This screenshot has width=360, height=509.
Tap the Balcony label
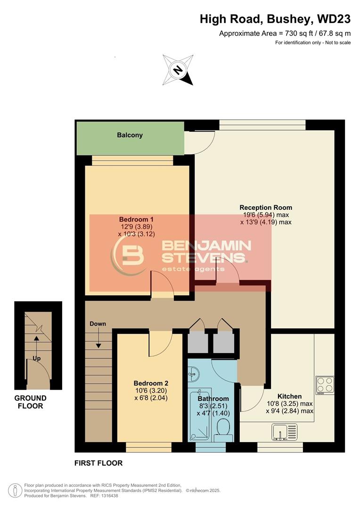point(130,135)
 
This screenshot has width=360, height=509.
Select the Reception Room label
point(266,207)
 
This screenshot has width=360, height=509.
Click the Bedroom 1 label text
point(136,219)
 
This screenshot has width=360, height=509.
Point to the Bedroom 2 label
point(151,383)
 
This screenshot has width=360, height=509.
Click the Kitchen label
point(289,396)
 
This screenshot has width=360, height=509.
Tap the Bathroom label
point(213,399)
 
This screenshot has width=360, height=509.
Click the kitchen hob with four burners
point(325,385)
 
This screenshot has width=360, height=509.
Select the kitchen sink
point(285,431)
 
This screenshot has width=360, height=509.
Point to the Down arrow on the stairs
point(98,338)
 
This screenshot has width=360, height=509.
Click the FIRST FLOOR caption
point(98,463)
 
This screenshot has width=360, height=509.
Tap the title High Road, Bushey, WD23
point(275,19)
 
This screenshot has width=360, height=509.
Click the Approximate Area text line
point(285,33)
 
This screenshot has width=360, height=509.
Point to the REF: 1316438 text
point(103,495)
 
